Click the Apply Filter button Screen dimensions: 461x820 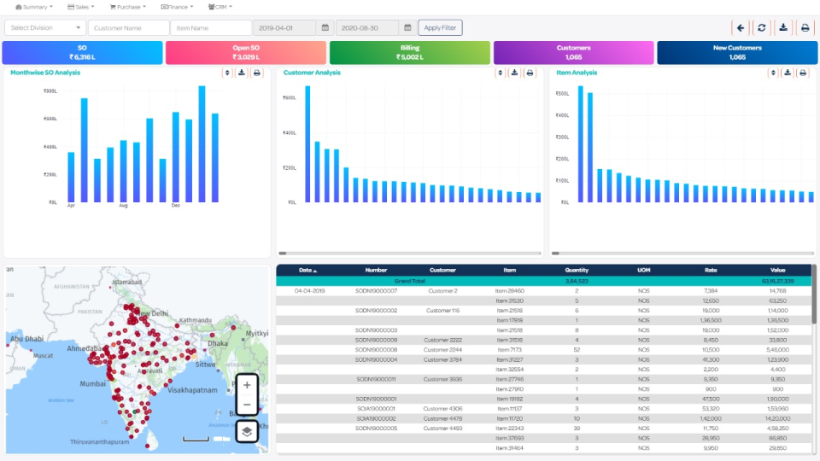click(440, 27)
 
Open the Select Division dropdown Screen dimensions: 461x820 click(44, 27)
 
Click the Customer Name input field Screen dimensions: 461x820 click(127, 27)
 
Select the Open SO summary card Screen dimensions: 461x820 click(245, 52)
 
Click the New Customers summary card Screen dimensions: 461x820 click(737, 52)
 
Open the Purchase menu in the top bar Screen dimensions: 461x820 click(127, 7)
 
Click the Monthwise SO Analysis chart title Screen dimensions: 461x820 click(45, 73)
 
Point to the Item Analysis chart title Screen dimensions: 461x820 click(577, 73)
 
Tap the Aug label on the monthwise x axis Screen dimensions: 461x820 click(123, 206)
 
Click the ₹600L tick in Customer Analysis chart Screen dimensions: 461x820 click(289, 97)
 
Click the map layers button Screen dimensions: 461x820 click(247, 431)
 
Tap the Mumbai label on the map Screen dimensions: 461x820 click(93, 384)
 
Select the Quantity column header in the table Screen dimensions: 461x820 click(577, 270)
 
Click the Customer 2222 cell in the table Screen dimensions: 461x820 click(442, 340)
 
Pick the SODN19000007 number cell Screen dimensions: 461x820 click(376, 290)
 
